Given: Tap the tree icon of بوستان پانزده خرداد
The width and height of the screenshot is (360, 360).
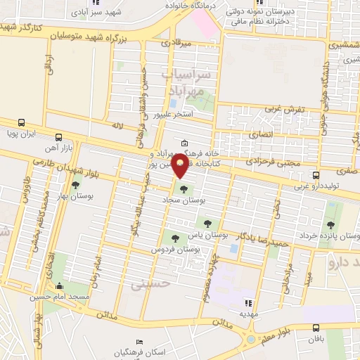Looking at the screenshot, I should click(330, 225).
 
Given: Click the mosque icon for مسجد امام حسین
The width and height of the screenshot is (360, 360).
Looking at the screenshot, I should click(59, 286).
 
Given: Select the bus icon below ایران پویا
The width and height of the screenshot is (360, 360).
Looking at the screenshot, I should click(58, 139).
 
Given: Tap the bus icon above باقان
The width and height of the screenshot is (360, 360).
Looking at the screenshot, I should click(316, 327).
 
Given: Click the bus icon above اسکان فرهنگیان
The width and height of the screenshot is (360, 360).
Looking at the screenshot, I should click(141, 340).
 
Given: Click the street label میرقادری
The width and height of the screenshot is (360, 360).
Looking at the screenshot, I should click(175, 44).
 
